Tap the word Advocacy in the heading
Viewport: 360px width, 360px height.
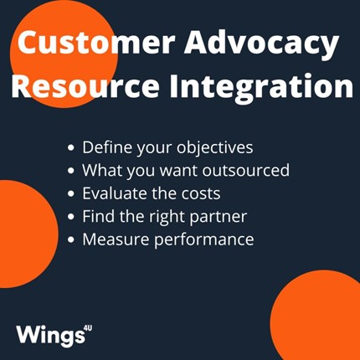pos(261,44)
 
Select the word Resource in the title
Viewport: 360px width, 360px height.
pos(85,85)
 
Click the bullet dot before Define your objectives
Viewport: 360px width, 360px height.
pos(71,147)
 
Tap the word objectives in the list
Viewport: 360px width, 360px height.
pos(215,147)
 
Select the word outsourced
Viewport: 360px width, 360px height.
pos(246,170)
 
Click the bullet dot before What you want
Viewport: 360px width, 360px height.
pos(71,171)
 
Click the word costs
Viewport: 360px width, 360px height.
pos(201,193)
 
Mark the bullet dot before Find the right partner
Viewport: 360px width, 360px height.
pos(71,216)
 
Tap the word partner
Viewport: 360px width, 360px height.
pos(219,217)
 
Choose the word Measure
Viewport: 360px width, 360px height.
pos(116,239)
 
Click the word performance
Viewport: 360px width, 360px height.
pos(204,240)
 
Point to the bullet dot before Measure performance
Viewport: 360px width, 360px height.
pos(71,239)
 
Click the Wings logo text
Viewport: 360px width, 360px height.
pos(50,335)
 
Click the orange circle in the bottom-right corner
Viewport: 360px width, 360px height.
pos(316,316)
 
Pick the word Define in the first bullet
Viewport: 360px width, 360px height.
pos(107,147)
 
